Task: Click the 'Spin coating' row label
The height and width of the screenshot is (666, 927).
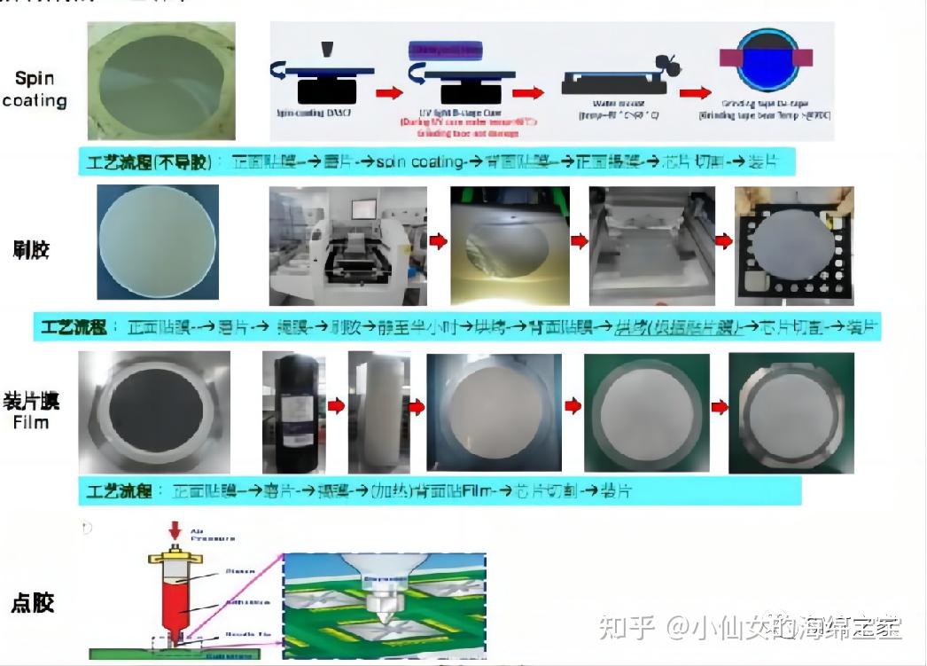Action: click(x=35, y=89)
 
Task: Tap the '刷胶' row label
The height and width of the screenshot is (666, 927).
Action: click(x=32, y=249)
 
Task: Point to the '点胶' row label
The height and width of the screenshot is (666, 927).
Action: click(x=33, y=602)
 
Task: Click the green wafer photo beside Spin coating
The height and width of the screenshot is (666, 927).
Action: click(x=161, y=81)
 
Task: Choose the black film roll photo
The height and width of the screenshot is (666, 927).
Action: click(x=293, y=411)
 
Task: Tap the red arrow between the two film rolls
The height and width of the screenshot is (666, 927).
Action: click(x=337, y=406)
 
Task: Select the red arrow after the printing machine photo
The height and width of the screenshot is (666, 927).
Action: click(x=438, y=240)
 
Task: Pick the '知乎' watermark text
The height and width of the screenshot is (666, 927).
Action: click(x=627, y=628)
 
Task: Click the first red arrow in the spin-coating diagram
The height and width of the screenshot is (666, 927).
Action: click(x=388, y=92)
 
